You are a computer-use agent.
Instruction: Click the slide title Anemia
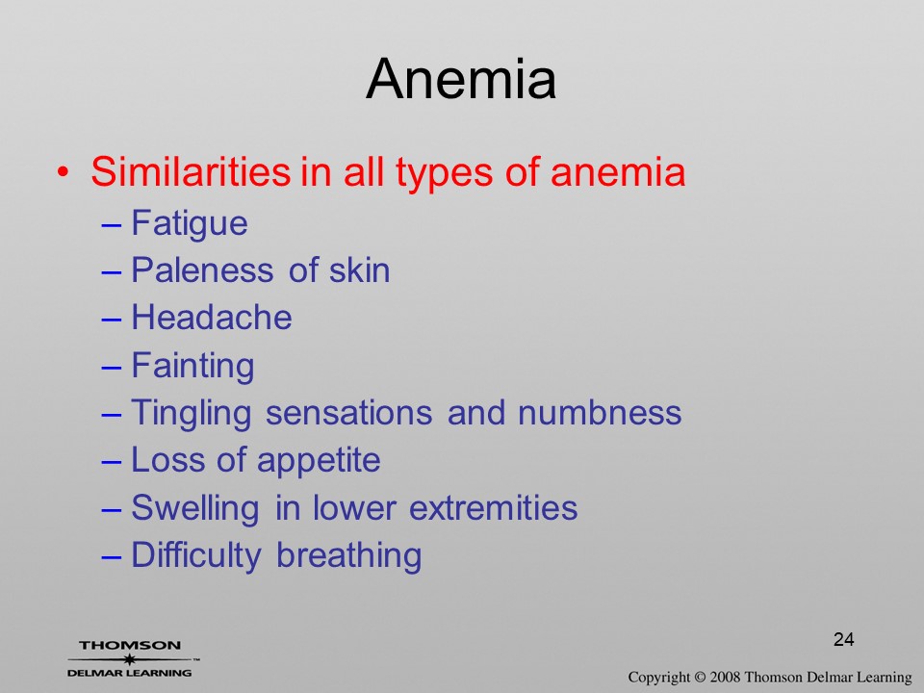click(461, 79)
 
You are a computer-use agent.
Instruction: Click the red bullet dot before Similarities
click(63, 172)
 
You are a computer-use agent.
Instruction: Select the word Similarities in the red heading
click(191, 171)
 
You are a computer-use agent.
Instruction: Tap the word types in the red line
click(444, 174)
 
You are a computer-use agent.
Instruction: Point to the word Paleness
click(202, 270)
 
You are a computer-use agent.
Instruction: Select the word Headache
click(212, 318)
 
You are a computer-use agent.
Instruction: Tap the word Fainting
click(192, 367)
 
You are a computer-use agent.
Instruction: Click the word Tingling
click(191, 414)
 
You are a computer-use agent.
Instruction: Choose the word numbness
click(600, 412)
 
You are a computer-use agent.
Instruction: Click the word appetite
click(319, 461)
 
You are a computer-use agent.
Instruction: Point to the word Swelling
click(195, 509)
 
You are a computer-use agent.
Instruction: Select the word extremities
click(493, 507)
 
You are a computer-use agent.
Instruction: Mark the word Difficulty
click(195, 555)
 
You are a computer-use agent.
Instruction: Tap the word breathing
click(348, 555)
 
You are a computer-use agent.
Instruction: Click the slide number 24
click(844, 639)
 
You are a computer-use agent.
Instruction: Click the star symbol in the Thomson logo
click(129, 659)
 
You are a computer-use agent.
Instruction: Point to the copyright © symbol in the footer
click(700, 678)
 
